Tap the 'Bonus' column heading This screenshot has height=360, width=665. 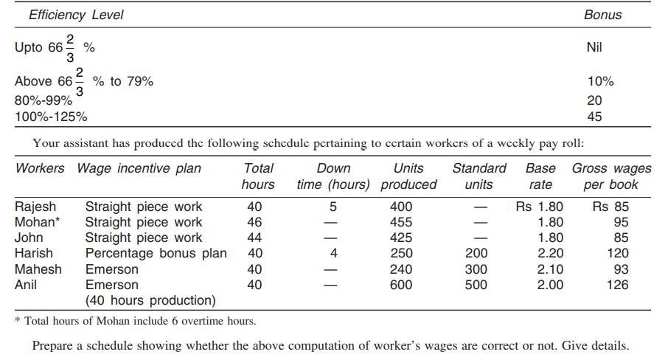click(x=602, y=15)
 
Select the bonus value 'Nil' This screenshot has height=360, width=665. click(x=594, y=47)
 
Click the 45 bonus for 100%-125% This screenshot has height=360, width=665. click(x=594, y=116)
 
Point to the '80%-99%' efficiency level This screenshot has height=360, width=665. click(x=43, y=100)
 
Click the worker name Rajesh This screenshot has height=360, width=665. click(x=35, y=207)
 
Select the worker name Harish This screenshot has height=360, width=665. click(x=34, y=253)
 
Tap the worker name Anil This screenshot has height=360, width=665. click(x=26, y=284)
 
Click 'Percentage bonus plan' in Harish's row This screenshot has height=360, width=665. click(x=156, y=253)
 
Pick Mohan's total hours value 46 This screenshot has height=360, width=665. click(x=254, y=222)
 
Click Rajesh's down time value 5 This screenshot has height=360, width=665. click(x=333, y=207)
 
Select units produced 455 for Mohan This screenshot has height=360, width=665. click(x=401, y=222)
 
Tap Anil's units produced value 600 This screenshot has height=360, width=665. click(x=401, y=284)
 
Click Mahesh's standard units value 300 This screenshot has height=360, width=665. click(x=476, y=269)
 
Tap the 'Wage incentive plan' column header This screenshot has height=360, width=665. click(x=139, y=168)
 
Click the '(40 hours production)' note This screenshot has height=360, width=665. click(x=150, y=300)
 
